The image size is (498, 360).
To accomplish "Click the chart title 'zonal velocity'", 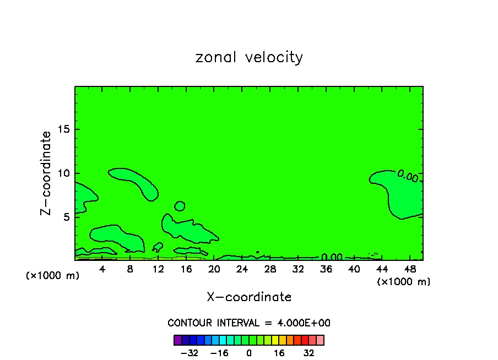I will pyautogui.click(x=249, y=57).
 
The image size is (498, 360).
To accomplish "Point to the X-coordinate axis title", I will pyautogui.click(x=249, y=297).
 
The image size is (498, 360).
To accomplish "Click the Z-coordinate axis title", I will pyautogui.click(x=46, y=173).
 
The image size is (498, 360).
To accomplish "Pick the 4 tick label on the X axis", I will pyautogui.click(x=102, y=269).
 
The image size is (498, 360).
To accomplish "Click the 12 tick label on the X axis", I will pyautogui.click(x=158, y=269).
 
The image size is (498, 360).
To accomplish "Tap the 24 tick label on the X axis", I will pyautogui.click(x=242, y=269).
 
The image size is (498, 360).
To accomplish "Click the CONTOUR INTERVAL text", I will pyautogui.click(x=249, y=323).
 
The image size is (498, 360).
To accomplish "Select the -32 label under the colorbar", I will pyautogui.click(x=190, y=352).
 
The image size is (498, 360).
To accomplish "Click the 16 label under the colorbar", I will pyautogui.click(x=279, y=352).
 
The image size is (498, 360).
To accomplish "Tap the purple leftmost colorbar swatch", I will pyautogui.click(x=177, y=340).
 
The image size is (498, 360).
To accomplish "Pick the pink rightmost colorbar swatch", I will pyautogui.click(x=320, y=340).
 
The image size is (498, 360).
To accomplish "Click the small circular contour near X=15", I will pyautogui.click(x=180, y=206).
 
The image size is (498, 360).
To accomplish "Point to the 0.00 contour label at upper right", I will pyautogui.click(x=408, y=176).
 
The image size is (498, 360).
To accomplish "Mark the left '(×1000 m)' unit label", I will pyautogui.click(x=53, y=276).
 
